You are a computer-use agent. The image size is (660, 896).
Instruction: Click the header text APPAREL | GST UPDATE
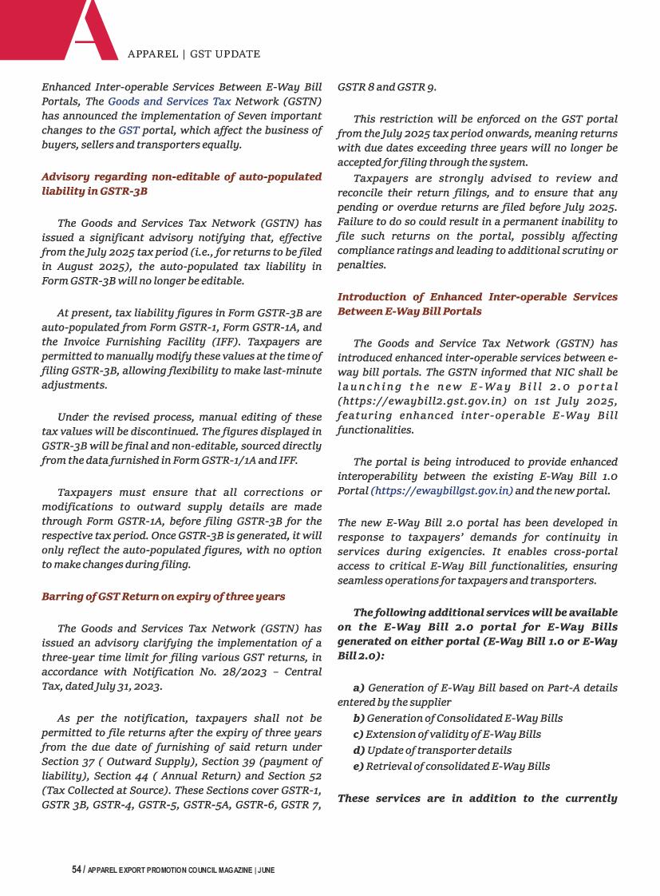tap(194, 54)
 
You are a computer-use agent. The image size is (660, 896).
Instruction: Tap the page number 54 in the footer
tap(77, 869)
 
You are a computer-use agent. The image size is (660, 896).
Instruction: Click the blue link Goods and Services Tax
tap(169, 101)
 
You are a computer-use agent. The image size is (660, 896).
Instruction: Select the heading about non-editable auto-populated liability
tap(181, 184)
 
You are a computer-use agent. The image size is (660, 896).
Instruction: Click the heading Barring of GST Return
tap(163, 597)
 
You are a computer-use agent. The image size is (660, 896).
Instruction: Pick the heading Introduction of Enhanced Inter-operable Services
tap(477, 303)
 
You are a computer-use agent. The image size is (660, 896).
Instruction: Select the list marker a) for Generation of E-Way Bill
tap(358, 688)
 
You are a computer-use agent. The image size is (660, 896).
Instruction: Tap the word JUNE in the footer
tap(267, 870)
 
